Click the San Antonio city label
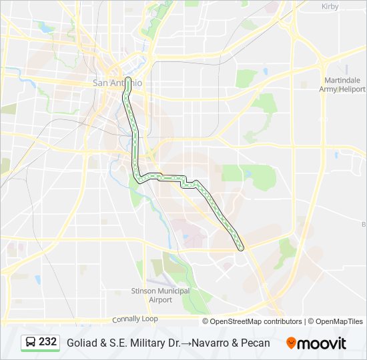[x=117, y=83]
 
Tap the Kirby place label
[x=330, y=6]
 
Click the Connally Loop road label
[x=135, y=319]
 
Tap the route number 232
[x=47, y=342]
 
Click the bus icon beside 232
[x=31, y=343]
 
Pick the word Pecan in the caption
[x=255, y=343]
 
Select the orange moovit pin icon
[x=292, y=343]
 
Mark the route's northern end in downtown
[x=127, y=69]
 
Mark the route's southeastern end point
[x=241, y=248]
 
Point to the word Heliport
[x=351, y=89]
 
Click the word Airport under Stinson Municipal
[x=160, y=300]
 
